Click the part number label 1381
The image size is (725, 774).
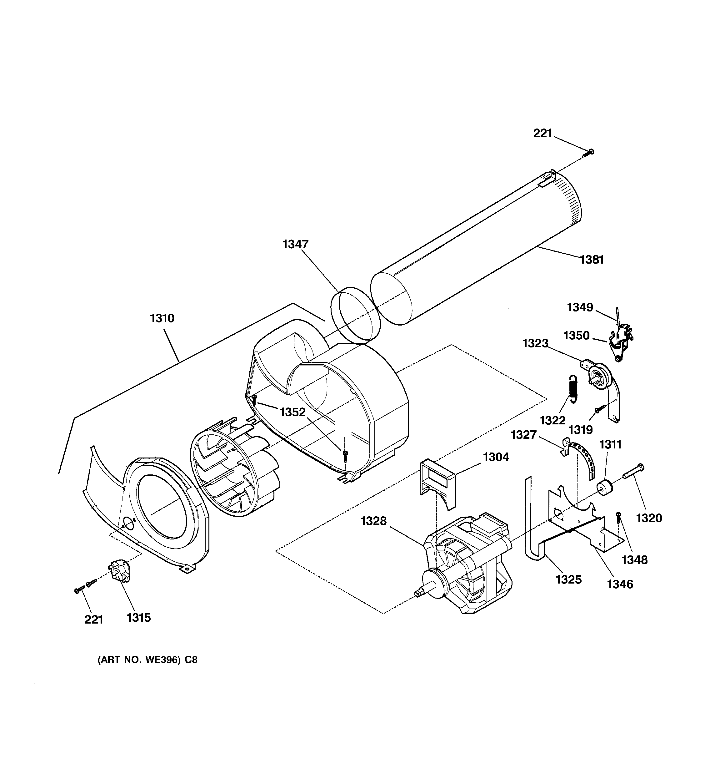592,259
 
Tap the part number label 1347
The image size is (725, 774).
295,244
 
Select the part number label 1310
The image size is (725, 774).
162,318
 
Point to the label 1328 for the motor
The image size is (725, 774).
373,521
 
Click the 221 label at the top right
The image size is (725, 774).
542,133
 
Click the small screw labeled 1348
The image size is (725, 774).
618,519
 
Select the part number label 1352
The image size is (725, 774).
292,412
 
